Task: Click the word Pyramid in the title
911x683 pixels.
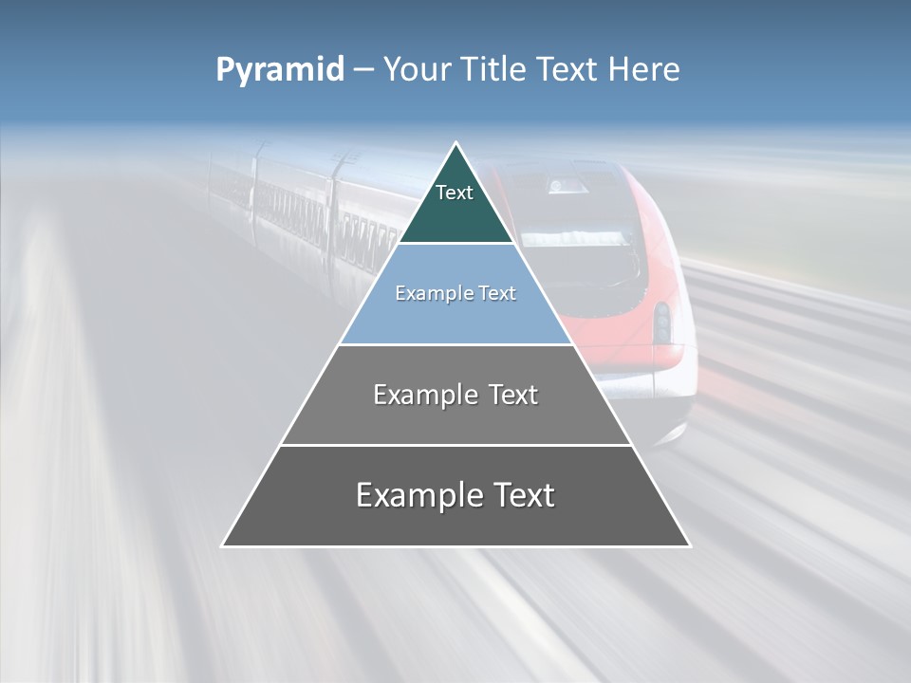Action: (x=279, y=70)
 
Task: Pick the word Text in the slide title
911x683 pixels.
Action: (x=568, y=69)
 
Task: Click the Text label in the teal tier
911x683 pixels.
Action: (x=455, y=193)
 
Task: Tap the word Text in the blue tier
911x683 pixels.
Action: (x=498, y=293)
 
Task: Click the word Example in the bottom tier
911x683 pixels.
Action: (x=418, y=495)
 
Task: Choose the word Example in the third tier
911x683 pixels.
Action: (x=421, y=395)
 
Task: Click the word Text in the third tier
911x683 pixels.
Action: (x=511, y=395)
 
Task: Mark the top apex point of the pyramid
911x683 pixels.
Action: (x=456, y=143)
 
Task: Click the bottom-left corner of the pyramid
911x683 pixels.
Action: (x=223, y=545)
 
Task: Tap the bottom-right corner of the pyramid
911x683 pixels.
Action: (x=689, y=545)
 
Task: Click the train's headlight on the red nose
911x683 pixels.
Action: (x=661, y=323)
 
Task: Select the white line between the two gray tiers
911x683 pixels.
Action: (x=455, y=445)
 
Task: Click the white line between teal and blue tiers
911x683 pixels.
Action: (x=455, y=243)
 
